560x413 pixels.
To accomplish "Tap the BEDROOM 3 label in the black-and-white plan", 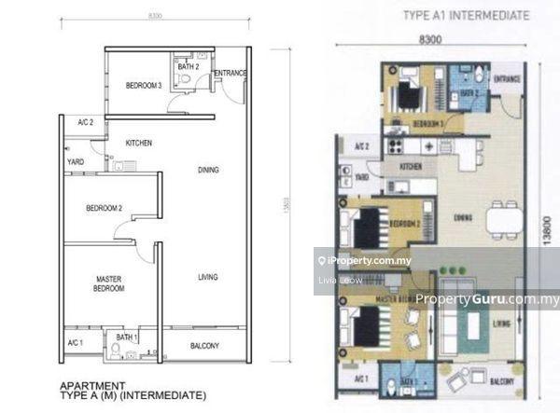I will pyautogui.click(x=145, y=86).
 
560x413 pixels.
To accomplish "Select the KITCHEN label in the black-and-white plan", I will pyautogui.click(x=138, y=143).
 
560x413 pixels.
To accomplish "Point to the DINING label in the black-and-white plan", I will pyautogui.click(x=208, y=170).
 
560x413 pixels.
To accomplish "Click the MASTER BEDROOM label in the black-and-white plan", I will pyautogui.click(x=110, y=283).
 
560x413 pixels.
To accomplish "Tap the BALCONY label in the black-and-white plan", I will pyautogui.click(x=204, y=346).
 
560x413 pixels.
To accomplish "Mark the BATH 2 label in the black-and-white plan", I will pyautogui.click(x=188, y=66).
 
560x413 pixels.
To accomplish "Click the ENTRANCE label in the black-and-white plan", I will pyautogui.click(x=230, y=73).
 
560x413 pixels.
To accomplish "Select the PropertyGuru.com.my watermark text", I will pyautogui.click(x=486, y=300).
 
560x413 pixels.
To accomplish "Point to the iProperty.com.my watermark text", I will pyautogui.click(x=366, y=261).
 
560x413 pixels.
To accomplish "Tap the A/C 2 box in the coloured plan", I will pyautogui.click(x=360, y=147).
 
